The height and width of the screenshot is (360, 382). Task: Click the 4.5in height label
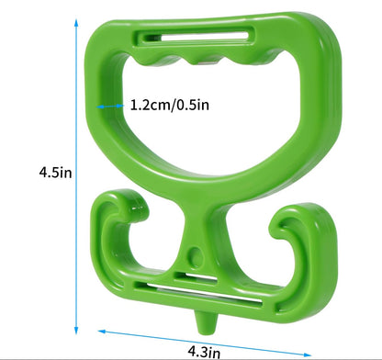click(55, 173)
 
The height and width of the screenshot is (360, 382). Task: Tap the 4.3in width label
click(204, 351)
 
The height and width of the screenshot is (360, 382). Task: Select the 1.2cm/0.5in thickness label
click(170, 105)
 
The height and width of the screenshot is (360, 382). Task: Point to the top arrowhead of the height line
click(76, 23)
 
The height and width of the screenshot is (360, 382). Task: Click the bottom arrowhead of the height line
click(76, 330)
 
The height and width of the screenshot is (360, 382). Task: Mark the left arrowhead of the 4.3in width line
click(102, 332)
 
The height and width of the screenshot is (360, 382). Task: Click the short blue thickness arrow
click(110, 107)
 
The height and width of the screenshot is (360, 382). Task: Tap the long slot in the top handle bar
click(195, 36)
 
